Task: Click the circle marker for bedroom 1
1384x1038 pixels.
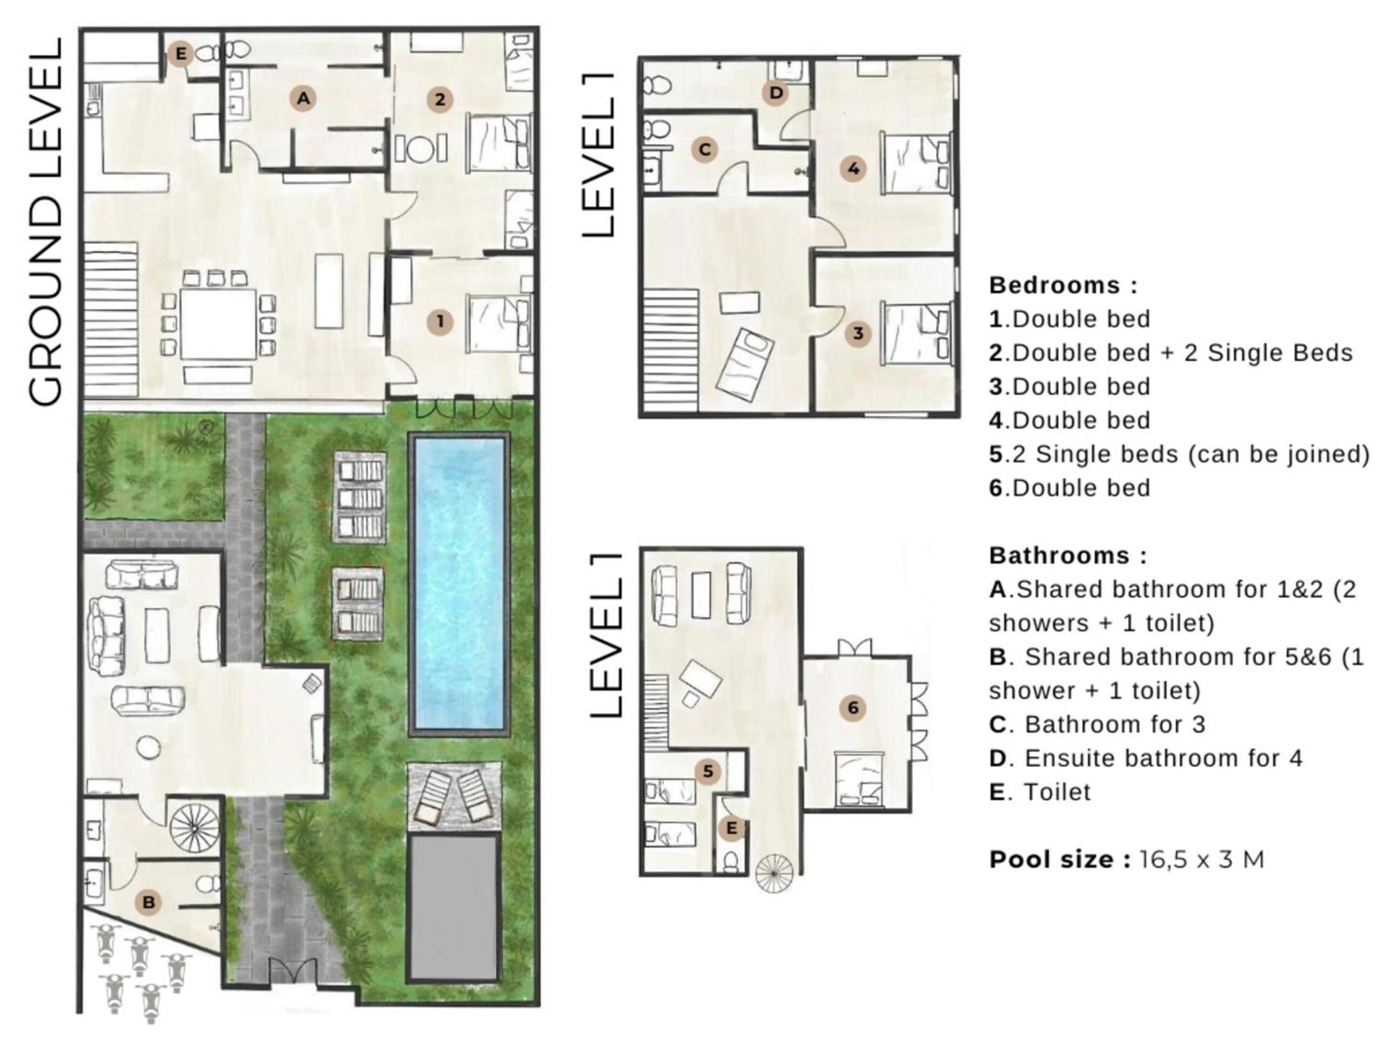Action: pos(440,322)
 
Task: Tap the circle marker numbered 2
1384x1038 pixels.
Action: pos(440,99)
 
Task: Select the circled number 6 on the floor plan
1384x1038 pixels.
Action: pos(852,708)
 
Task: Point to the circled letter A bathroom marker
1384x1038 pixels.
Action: pos(303,98)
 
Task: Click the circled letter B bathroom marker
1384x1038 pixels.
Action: pos(148,902)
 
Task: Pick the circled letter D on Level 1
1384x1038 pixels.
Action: pos(776,93)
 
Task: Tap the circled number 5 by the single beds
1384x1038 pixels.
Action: pos(708,771)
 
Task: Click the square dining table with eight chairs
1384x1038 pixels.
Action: pos(218,323)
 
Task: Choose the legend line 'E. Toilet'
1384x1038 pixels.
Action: pos(1040,792)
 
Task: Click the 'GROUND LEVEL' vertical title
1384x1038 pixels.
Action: pos(46,222)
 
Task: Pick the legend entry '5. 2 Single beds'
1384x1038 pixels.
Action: pos(1179,454)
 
